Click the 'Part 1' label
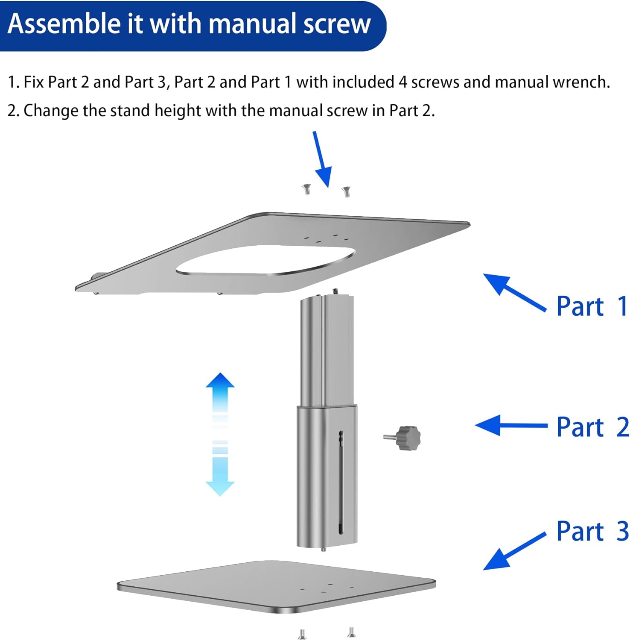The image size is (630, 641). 592,306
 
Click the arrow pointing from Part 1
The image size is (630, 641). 514,293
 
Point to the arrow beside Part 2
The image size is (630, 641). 511,425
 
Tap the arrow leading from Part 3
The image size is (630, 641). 514,551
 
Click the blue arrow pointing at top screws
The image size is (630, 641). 322,159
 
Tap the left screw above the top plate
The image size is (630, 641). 306,189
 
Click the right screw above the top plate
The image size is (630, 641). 346,192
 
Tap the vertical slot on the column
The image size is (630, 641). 341,483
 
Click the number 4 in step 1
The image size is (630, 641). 403,82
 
